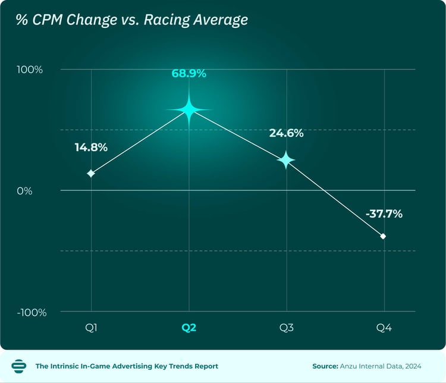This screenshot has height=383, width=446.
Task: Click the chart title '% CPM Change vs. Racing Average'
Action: tap(131, 20)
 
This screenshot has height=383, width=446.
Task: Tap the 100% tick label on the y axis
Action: tap(30, 70)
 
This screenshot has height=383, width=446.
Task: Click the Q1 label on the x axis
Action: tap(91, 327)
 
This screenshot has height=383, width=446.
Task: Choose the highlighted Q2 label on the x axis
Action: tap(189, 327)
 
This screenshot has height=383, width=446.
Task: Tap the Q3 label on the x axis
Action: tap(286, 327)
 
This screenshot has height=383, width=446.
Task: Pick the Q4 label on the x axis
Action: tap(384, 327)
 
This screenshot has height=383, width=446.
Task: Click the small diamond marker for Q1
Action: tap(91, 173)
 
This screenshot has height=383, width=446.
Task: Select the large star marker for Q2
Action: tap(189, 109)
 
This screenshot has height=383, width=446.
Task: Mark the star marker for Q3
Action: tap(286, 160)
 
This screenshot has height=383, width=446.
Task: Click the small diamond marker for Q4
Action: tap(383, 236)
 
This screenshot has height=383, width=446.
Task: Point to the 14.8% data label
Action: tap(91, 147)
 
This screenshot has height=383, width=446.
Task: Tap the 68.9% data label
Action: tap(189, 74)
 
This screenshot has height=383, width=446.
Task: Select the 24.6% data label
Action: tap(286, 134)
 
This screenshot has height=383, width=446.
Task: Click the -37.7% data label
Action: tap(384, 214)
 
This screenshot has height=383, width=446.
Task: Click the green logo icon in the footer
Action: tap(19, 366)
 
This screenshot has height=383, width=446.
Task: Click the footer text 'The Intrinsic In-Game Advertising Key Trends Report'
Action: tap(127, 366)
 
